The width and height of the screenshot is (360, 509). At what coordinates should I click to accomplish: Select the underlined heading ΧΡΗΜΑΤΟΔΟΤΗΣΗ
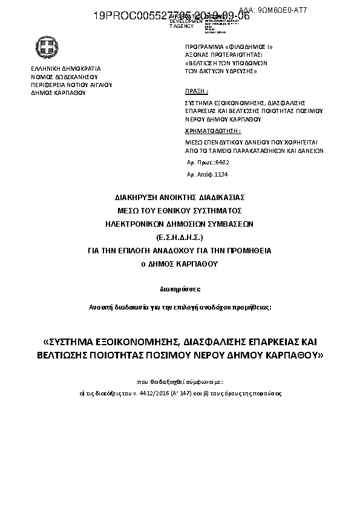click(x=213, y=131)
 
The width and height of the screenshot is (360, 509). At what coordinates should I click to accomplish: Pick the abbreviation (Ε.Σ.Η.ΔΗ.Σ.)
click(x=180, y=236)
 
